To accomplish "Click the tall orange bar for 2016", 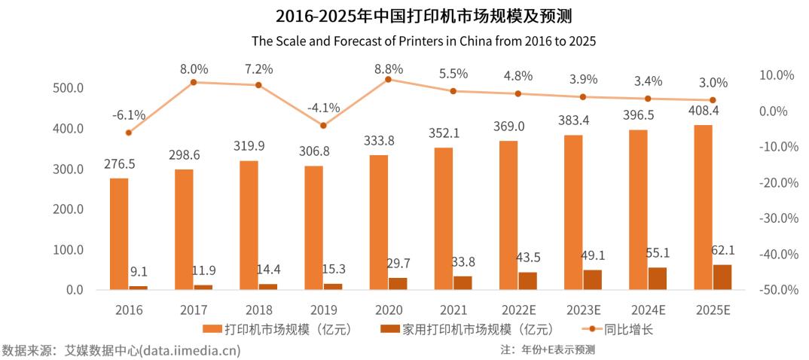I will tap(119, 233).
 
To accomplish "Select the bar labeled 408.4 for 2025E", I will tap(703, 207).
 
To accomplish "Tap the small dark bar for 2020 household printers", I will tap(398, 283).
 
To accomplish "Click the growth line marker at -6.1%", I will tap(129, 133).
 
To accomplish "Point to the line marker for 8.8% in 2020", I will tap(388, 79).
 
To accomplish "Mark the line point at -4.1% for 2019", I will tap(323, 126).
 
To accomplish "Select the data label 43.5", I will tap(527, 257).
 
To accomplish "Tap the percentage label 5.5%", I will tap(453, 74).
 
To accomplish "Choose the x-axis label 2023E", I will tap(583, 310).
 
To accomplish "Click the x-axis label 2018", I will tap(258, 310).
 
